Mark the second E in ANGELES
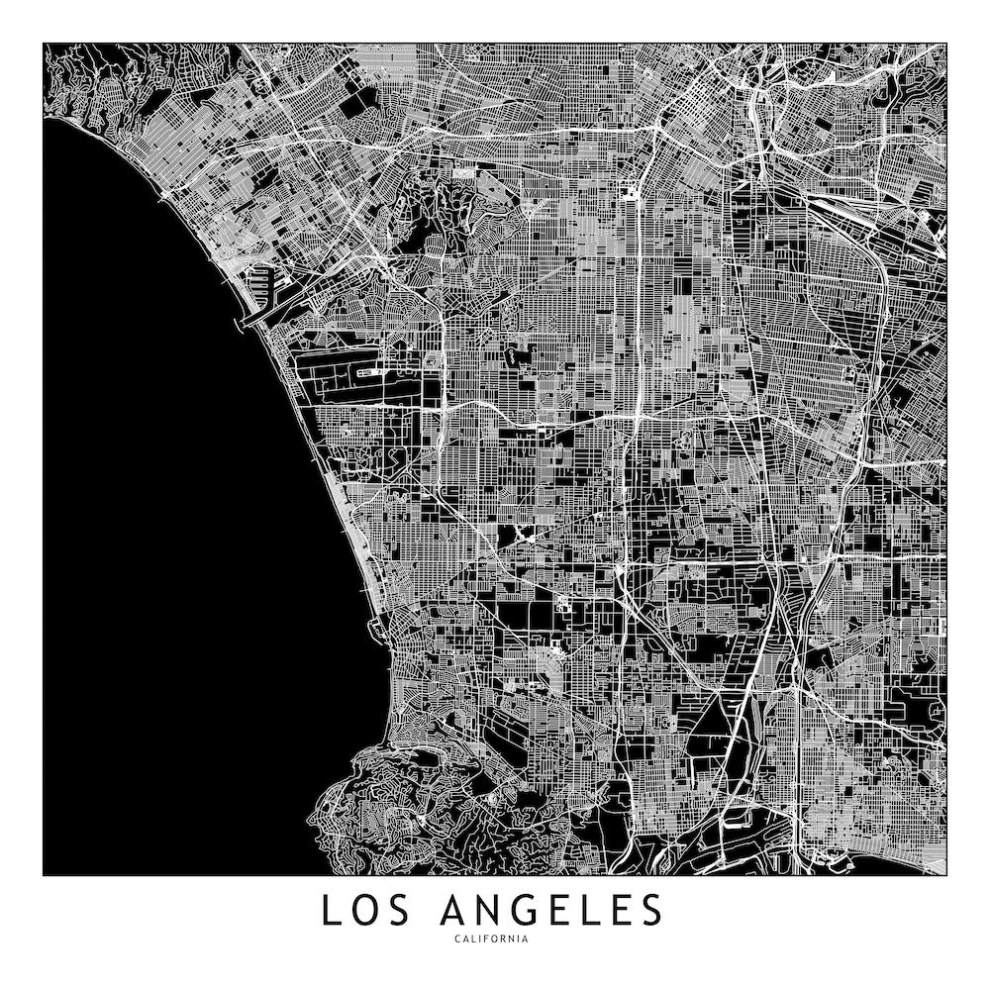click(x=623, y=911)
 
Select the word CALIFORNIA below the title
click(x=492, y=939)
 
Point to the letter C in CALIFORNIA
click(x=458, y=939)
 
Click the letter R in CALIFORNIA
click(x=503, y=939)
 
